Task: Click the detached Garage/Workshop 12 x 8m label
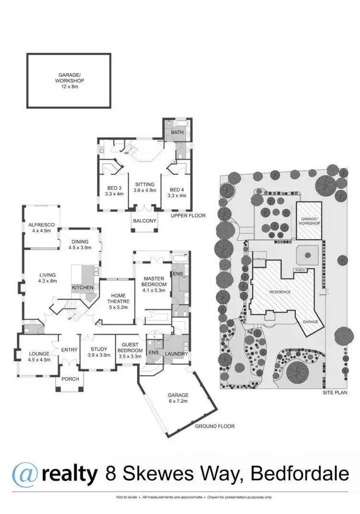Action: [69, 81]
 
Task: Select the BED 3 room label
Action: [114, 191]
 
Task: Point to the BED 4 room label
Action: [177, 191]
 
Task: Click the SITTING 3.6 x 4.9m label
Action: [144, 187]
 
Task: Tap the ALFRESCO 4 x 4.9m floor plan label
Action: [41, 227]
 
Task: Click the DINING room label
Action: [79, 245]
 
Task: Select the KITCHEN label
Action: [81, 287]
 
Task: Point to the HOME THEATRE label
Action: [118, 299]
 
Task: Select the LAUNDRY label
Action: [177, 355]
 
